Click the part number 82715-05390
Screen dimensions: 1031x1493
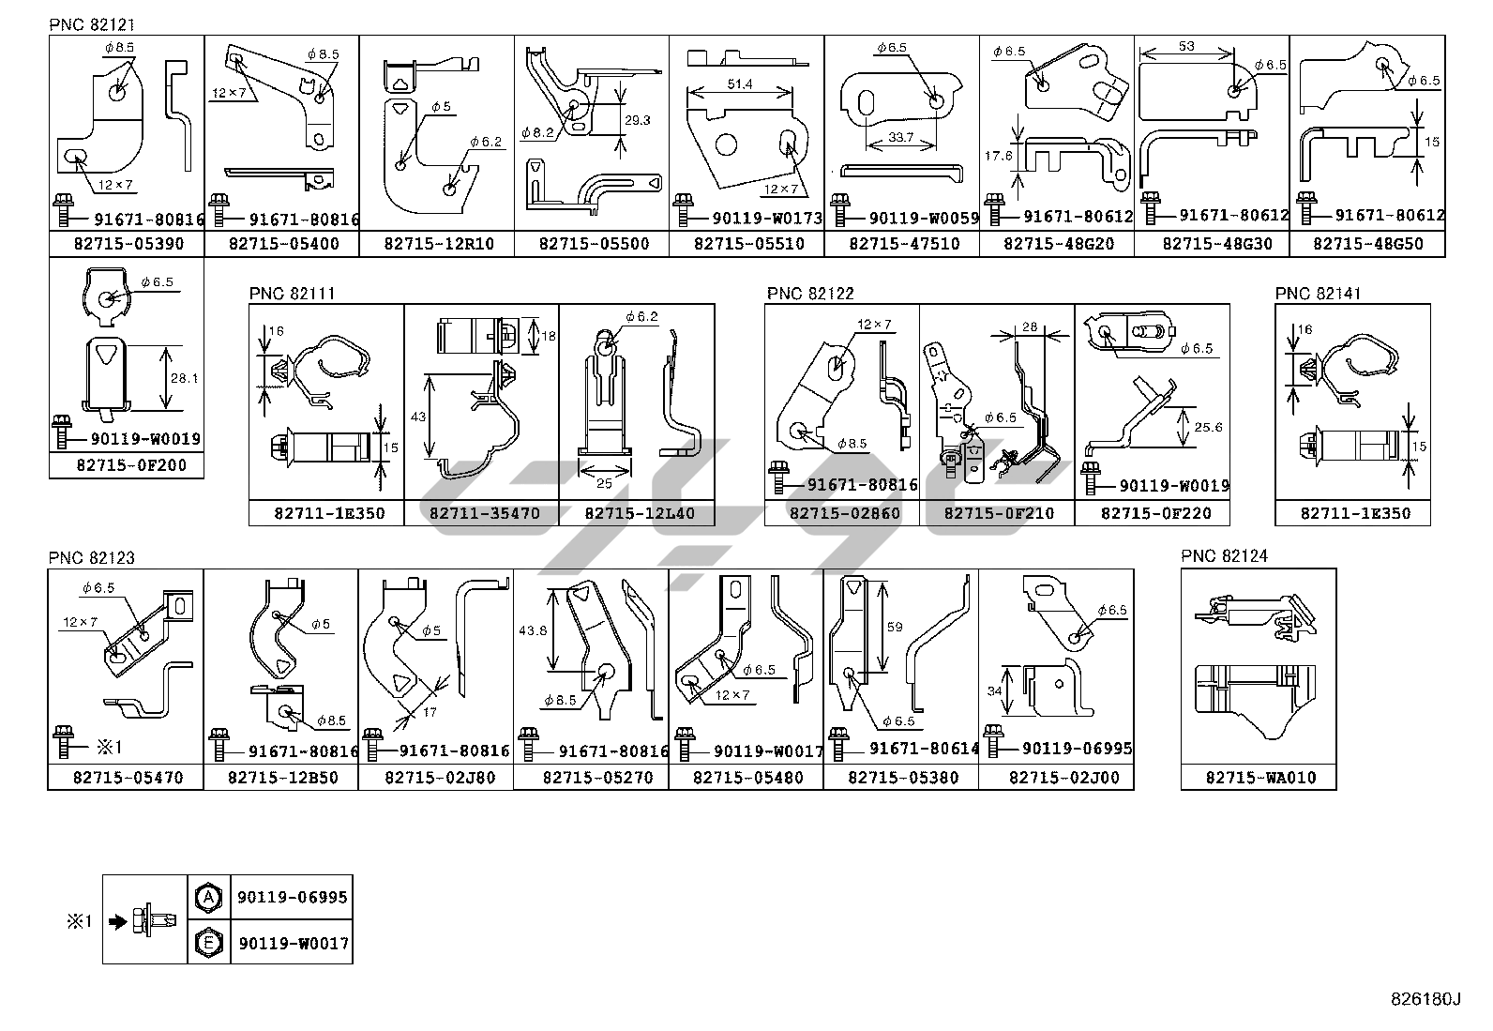click(x=126, y=245)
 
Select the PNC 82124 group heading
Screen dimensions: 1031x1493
click(x=1224, y=556)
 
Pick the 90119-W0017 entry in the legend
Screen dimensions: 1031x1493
click(x=293, y=943)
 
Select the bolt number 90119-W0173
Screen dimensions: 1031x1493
click(x=766, y=219)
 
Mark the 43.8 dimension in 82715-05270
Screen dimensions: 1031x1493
click(x=532, y=630)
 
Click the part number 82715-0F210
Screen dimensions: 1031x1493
click(x=998, y=514)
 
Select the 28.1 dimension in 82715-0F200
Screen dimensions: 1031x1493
click(x=183, y=378)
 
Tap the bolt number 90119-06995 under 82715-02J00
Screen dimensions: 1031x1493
click(x=1077, y=749)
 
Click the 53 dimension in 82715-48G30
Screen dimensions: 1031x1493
click(x=1187, y=46)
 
